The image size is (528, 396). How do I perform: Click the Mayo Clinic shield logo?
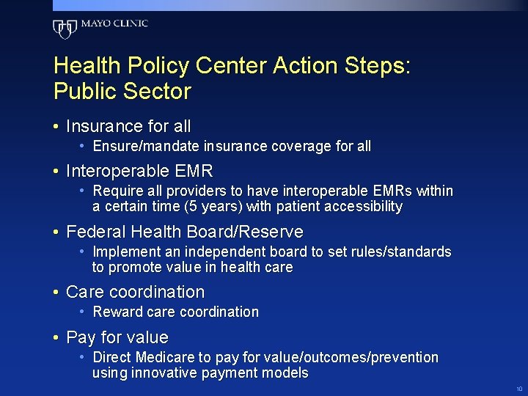[65, 29]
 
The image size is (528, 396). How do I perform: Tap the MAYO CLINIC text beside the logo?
[114, 23]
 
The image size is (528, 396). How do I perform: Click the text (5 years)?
[218, 207]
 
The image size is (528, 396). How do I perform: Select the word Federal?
[94, 232]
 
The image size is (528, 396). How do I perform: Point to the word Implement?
[123, 252]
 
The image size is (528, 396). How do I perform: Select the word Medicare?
[168, 358]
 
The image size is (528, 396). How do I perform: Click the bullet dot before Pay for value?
[56, 338]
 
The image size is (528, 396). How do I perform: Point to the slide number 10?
[519, 389]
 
